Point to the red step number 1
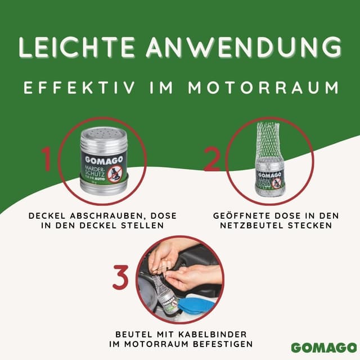pos(48,160)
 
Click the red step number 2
pos(211,160)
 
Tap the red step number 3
pos(122,277)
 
